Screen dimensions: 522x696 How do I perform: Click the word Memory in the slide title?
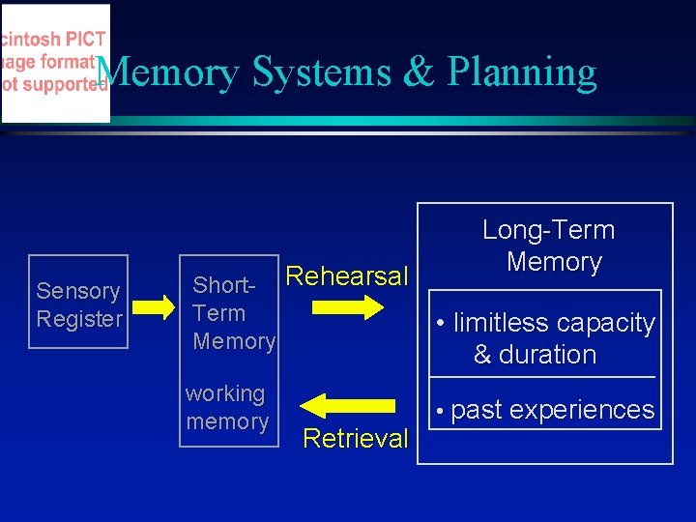pos(167,73)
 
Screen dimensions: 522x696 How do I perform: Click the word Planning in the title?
pos(522,73)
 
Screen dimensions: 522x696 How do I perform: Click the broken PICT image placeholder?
pos(55,63)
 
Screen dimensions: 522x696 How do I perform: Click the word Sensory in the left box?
pos(77,291)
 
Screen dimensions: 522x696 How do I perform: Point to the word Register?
pos(79,319)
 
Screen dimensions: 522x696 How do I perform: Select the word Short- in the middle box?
pos(223,285)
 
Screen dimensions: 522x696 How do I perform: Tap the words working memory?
pos(226,408)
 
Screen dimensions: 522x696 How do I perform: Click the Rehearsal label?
pos(348,276)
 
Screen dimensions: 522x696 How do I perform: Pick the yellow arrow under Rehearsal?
pos(348,308)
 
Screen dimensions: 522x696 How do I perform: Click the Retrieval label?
pos(355,439)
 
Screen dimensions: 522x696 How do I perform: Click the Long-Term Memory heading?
pos(549,246)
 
